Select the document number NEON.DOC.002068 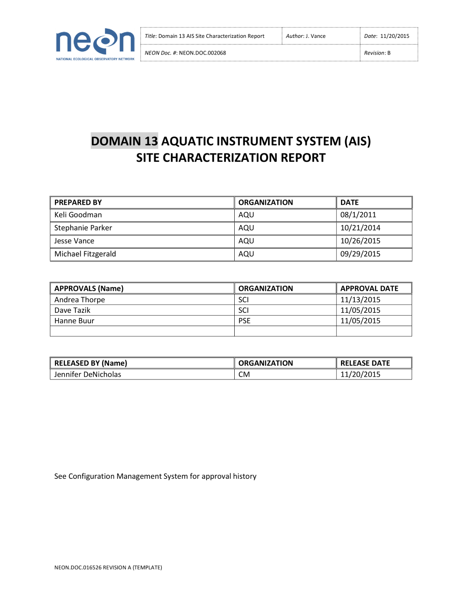pyautogui.click(x=202, y=53)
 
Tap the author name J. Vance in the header pyautogui.click(x=316, y=36)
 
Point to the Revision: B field pyautogui.click(x=377, y=53)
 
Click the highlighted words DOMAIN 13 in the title pyautogui.click(x=124, y=141)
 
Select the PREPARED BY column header pyautogui.click(x=78, y=202)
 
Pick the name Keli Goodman pyautogui.click(x=78, y=215)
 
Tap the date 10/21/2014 pyautogui.click(x=360, y=228)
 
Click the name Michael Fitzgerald pyautogui.click(x=85, y=254)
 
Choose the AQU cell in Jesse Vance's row pyautogui.click(x=246, y=241)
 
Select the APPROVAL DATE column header pyautogui.click(x=369, y=288)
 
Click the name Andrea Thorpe pyautogui.click(x=79, y=299)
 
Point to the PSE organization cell pyautogui.click(x=244, y=321)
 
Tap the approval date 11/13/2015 pyautogui.click(x=360, y=299)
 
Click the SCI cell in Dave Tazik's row pyautogui.click(x=243, y=310)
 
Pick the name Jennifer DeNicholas pyautogui.click(x=88, y=374)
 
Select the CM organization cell pyautogui.click(x=244, y=374)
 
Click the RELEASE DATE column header pyautogui.click(x=365, y=363)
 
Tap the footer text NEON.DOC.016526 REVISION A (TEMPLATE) pyautogui.click(x=108, y=567)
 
